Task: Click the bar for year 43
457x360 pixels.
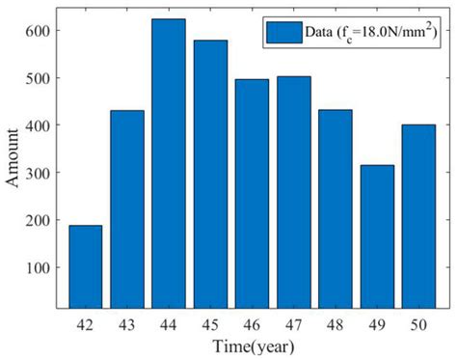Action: [x=126, y=212]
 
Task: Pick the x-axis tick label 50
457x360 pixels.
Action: [x=418, y=325]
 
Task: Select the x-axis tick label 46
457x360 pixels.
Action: [x=252, y=325]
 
